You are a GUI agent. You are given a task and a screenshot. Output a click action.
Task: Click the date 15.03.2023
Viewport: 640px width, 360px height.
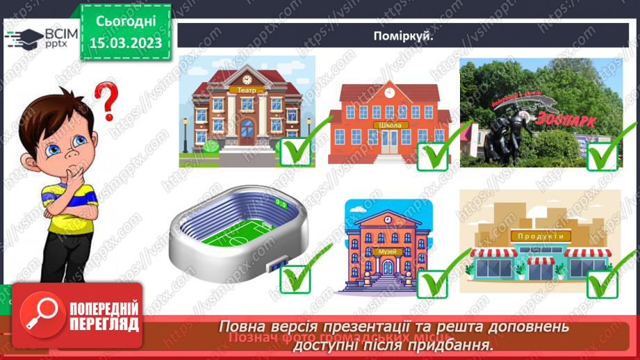(125, 43)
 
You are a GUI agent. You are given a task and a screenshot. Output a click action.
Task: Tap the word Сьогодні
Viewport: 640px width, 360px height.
(125, 22)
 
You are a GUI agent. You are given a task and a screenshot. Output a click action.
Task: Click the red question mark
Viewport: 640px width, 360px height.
(106, 99)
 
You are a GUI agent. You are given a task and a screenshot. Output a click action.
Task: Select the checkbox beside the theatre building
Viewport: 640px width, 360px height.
(295, 151)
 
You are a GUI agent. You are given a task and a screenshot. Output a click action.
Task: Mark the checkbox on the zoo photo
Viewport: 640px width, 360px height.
(602, 154)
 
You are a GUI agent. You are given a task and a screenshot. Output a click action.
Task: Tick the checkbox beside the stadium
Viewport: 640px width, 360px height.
(295, 278)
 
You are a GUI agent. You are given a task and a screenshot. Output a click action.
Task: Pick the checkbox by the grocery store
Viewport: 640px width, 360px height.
(602, 283)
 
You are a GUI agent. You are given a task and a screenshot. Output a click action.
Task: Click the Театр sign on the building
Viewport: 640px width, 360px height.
(246, 90)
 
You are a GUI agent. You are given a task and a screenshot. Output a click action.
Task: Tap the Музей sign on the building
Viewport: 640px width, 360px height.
(386, 250)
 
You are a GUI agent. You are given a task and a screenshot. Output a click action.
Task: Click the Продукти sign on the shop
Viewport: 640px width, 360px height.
(540, 236)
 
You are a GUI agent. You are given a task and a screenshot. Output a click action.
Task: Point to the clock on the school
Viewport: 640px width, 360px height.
(389, 92)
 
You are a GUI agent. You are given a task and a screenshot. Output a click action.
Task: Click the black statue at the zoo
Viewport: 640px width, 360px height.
(511, 136)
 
